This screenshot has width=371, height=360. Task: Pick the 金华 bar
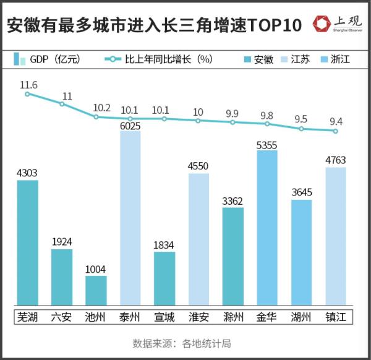click(267, 229)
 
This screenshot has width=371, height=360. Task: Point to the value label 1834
click(164, 244)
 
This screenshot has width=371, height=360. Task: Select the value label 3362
click(232, 200)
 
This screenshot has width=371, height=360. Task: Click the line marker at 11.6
click(27, 94)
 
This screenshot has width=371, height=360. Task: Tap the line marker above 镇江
click(335, 131)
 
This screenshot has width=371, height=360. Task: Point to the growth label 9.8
click(267, 115)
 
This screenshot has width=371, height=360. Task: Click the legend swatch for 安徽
click(247, 59)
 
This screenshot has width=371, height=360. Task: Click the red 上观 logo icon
click(322, 24)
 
